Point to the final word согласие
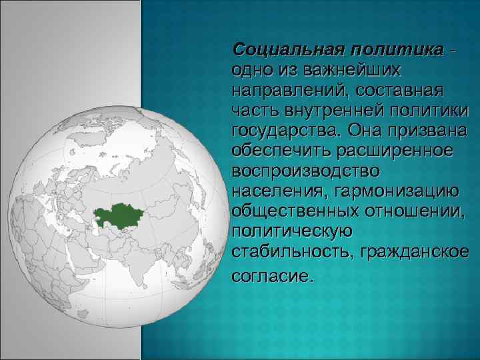tap(271, 275)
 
